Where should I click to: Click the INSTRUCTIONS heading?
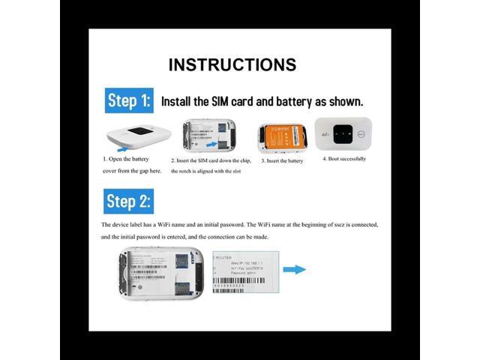tap(232, 64)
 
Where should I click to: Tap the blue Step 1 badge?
tap(129, 100)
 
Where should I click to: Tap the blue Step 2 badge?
tap(129, 201)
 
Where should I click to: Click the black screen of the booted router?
tap(343, 130)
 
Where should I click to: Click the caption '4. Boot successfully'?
tap(344, 159)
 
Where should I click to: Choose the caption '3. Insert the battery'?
tap(282, 160)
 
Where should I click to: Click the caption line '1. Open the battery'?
tap(126, 159)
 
